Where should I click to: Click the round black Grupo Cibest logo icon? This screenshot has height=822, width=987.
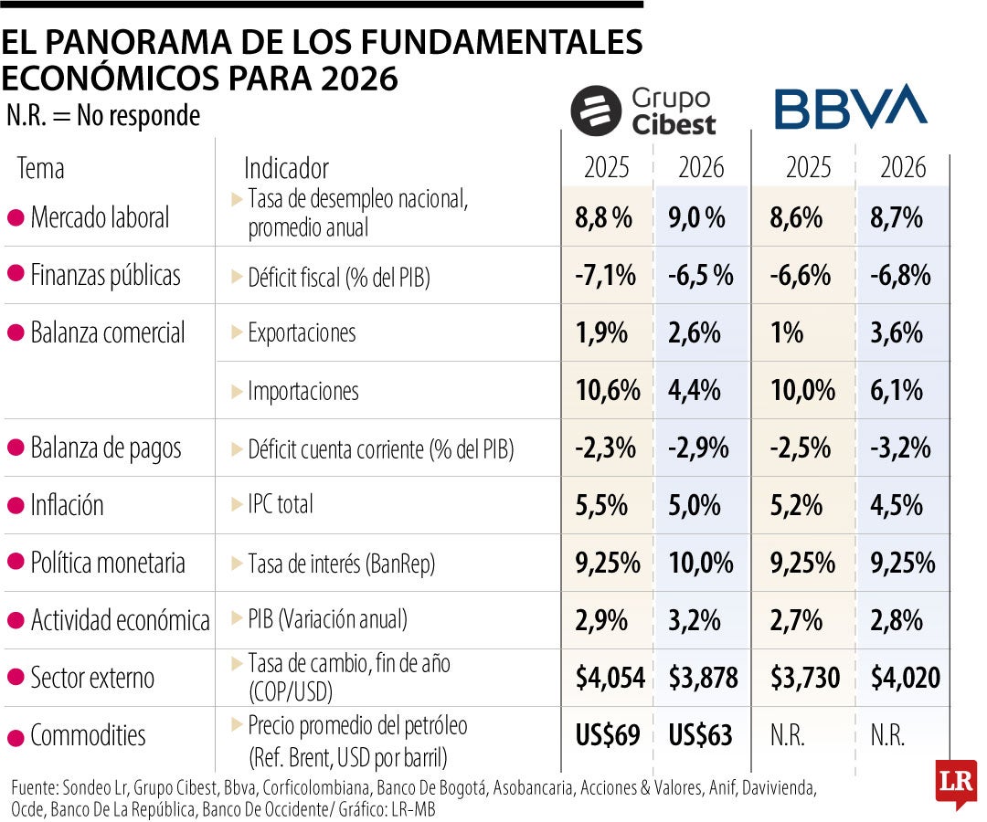(596, 111)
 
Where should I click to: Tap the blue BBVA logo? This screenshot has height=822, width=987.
(850, 108)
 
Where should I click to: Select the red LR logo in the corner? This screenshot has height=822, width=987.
(955, 784)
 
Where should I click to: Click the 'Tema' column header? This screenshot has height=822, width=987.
(41, 168)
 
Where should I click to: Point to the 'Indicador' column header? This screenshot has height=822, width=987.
(286, 168)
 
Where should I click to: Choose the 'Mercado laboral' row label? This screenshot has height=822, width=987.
(100, 217)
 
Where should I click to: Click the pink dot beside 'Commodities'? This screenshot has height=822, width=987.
(15, 735)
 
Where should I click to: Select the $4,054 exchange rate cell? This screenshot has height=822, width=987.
(610, 678)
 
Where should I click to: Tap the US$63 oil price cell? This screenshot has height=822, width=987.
(701, 735)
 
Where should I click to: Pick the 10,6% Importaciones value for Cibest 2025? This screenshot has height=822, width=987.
(608, 391)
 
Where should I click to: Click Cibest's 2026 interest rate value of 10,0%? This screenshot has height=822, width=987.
(701, 563)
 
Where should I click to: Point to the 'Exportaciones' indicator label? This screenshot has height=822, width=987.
(302, 332)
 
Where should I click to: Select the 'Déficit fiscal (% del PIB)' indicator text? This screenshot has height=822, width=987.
(338, 277)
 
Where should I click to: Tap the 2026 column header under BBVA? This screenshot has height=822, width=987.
(903, 168)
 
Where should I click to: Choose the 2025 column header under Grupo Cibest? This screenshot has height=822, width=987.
(607, 168)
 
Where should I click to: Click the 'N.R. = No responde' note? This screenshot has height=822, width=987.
(102, 116)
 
